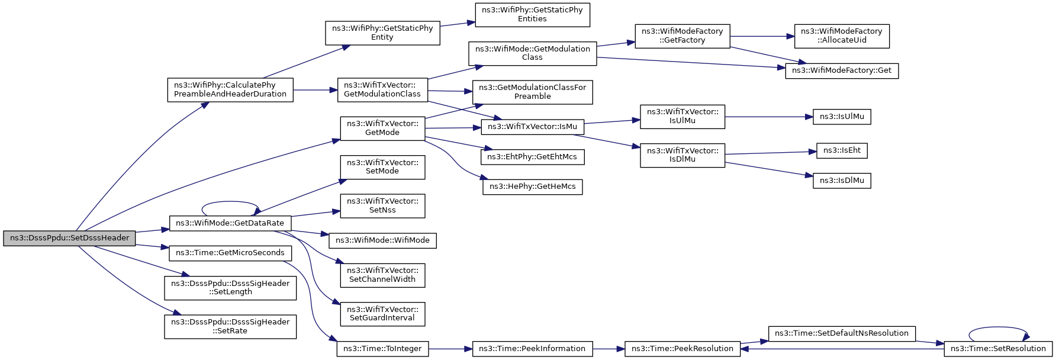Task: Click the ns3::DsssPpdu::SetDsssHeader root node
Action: point(69,238)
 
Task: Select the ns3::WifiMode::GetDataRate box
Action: point(230,223)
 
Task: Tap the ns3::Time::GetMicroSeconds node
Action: point(230,253)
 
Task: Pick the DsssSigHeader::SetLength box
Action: point(230,288)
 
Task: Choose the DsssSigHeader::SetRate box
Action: point(230,326)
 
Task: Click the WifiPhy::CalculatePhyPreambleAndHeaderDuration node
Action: point(230,89)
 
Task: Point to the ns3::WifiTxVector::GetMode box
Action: point(382,128)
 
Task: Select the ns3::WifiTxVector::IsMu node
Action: point(533,127)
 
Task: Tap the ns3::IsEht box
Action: point(842,150)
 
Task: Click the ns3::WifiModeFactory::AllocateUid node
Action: point(842,36)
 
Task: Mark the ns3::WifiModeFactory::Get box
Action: point(842,70)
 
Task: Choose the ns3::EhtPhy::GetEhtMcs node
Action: point(533,157)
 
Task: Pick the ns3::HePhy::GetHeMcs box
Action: point(533,187)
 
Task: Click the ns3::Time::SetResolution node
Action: point(998,349)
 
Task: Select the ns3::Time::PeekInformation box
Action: point(532,349)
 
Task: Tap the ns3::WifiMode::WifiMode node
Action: point(382,240)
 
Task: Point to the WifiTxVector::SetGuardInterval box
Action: point(382,314)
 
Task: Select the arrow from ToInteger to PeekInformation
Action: point(450,349)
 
